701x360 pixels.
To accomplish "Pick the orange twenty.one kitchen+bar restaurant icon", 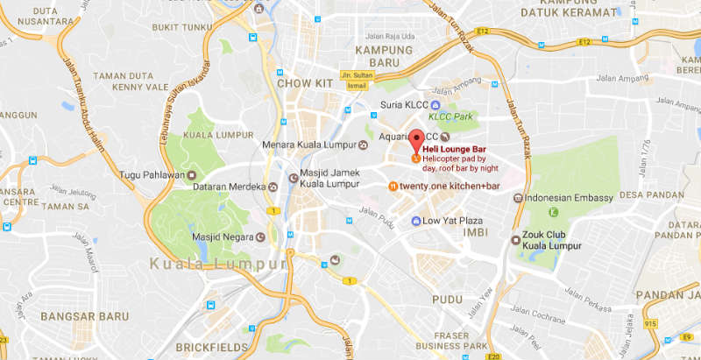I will pos(393,187).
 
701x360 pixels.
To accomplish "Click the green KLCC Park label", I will pos(450,116).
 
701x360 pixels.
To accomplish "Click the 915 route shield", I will pos(649,325).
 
